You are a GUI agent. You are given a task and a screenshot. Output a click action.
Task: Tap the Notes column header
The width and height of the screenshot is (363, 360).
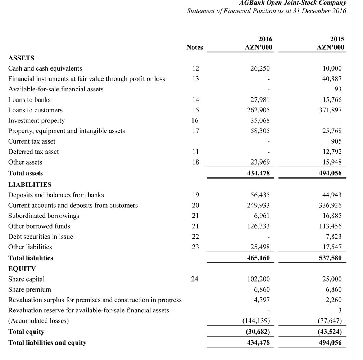(195, 48)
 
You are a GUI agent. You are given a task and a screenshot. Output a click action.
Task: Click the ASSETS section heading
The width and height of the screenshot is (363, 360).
(21, 58)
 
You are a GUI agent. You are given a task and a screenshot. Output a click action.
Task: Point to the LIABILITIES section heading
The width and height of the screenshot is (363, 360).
(30, 185)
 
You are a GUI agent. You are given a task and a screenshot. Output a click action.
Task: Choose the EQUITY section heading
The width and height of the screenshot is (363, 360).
(22, 269)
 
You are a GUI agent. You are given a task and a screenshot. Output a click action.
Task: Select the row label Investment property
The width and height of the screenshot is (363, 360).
(36, 121)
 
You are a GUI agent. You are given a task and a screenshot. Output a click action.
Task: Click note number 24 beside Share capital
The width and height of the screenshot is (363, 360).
(195, 279)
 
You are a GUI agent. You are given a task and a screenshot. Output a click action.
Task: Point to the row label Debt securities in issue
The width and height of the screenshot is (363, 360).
(40, 237)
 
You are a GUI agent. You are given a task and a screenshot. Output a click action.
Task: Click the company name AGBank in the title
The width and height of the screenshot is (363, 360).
(251, 3)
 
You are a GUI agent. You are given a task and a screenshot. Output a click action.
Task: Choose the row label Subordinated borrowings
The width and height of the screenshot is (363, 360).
(44, 216)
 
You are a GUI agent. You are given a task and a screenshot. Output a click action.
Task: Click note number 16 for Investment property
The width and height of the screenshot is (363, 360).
(195, 121)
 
